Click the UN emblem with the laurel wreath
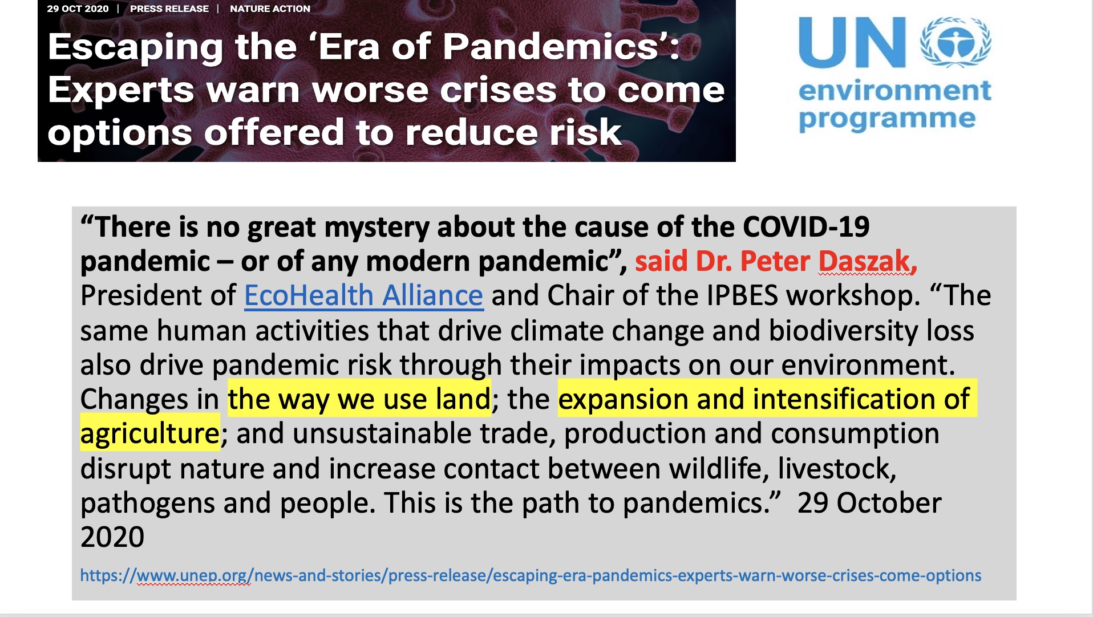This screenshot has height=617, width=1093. (956, 42)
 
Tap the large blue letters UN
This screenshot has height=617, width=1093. (852, 42)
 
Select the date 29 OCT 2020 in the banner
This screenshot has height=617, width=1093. (78, 9)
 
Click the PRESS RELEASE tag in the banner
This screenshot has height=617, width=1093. (169, 9)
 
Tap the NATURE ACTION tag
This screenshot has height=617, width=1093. (270, 9)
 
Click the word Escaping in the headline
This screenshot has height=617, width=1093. (135, 48)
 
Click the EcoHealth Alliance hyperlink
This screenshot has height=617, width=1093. (364, 295)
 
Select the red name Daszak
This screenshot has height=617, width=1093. (867, 261)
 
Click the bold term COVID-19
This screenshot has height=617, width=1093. (806, 227)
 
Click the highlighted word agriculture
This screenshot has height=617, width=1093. (149, 434)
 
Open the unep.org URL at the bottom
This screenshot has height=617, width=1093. (531, 575)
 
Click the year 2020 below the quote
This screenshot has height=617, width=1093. (112, 537)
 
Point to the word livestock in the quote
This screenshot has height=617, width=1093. (837, 469)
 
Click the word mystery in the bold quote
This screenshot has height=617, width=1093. (377, 228)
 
